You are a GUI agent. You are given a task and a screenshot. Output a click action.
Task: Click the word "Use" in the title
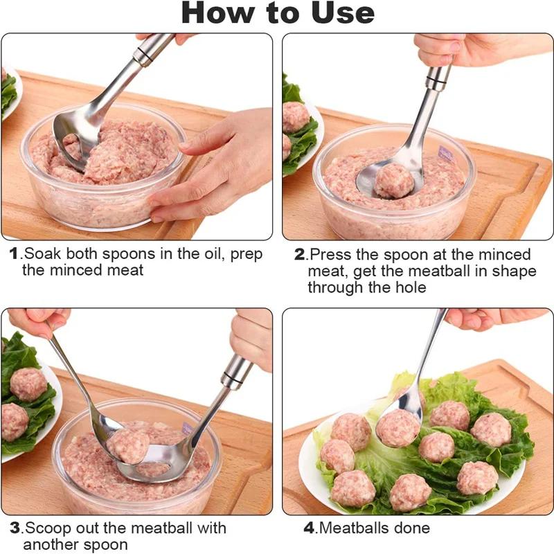click(343, 13)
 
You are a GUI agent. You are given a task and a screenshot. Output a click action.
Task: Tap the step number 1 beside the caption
click(14, 253)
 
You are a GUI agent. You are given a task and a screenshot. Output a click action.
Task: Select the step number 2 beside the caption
click(299, 254)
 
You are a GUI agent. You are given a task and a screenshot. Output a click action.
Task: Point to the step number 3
click(15, 528)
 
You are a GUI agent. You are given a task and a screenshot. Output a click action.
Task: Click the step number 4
click(309, 528)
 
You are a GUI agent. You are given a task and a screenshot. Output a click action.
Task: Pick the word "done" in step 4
click(412, 528)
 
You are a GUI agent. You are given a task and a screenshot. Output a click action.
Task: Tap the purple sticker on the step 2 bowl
click(446, 154)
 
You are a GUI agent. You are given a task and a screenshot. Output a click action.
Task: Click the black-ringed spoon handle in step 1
click(152, 50)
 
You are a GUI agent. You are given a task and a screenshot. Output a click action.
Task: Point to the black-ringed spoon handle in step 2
click(438, 78)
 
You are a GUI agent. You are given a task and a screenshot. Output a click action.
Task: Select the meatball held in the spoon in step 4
click(397, 427)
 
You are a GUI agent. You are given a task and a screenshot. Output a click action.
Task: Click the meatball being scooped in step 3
click(128, 446)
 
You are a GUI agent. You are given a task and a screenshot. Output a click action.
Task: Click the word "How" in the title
click(217, 13)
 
